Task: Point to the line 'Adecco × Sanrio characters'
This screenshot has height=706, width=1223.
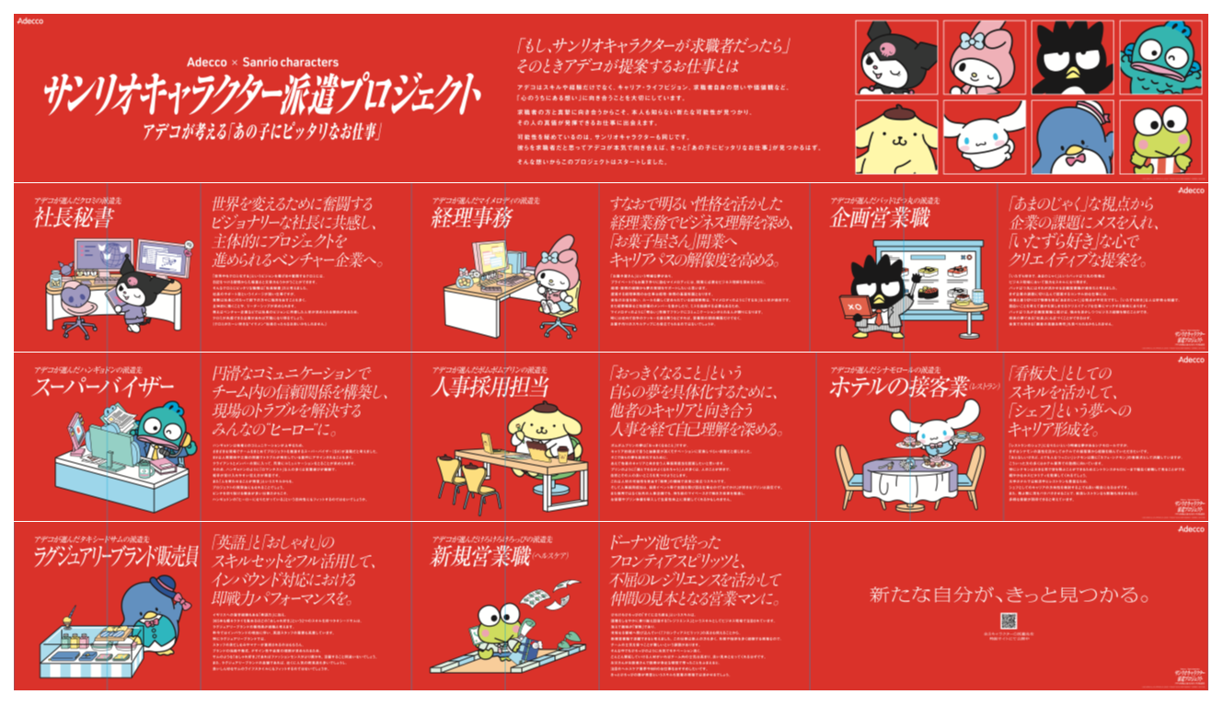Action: click(262, 63)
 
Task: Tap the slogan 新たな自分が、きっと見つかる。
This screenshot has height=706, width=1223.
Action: click(1009, 594)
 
